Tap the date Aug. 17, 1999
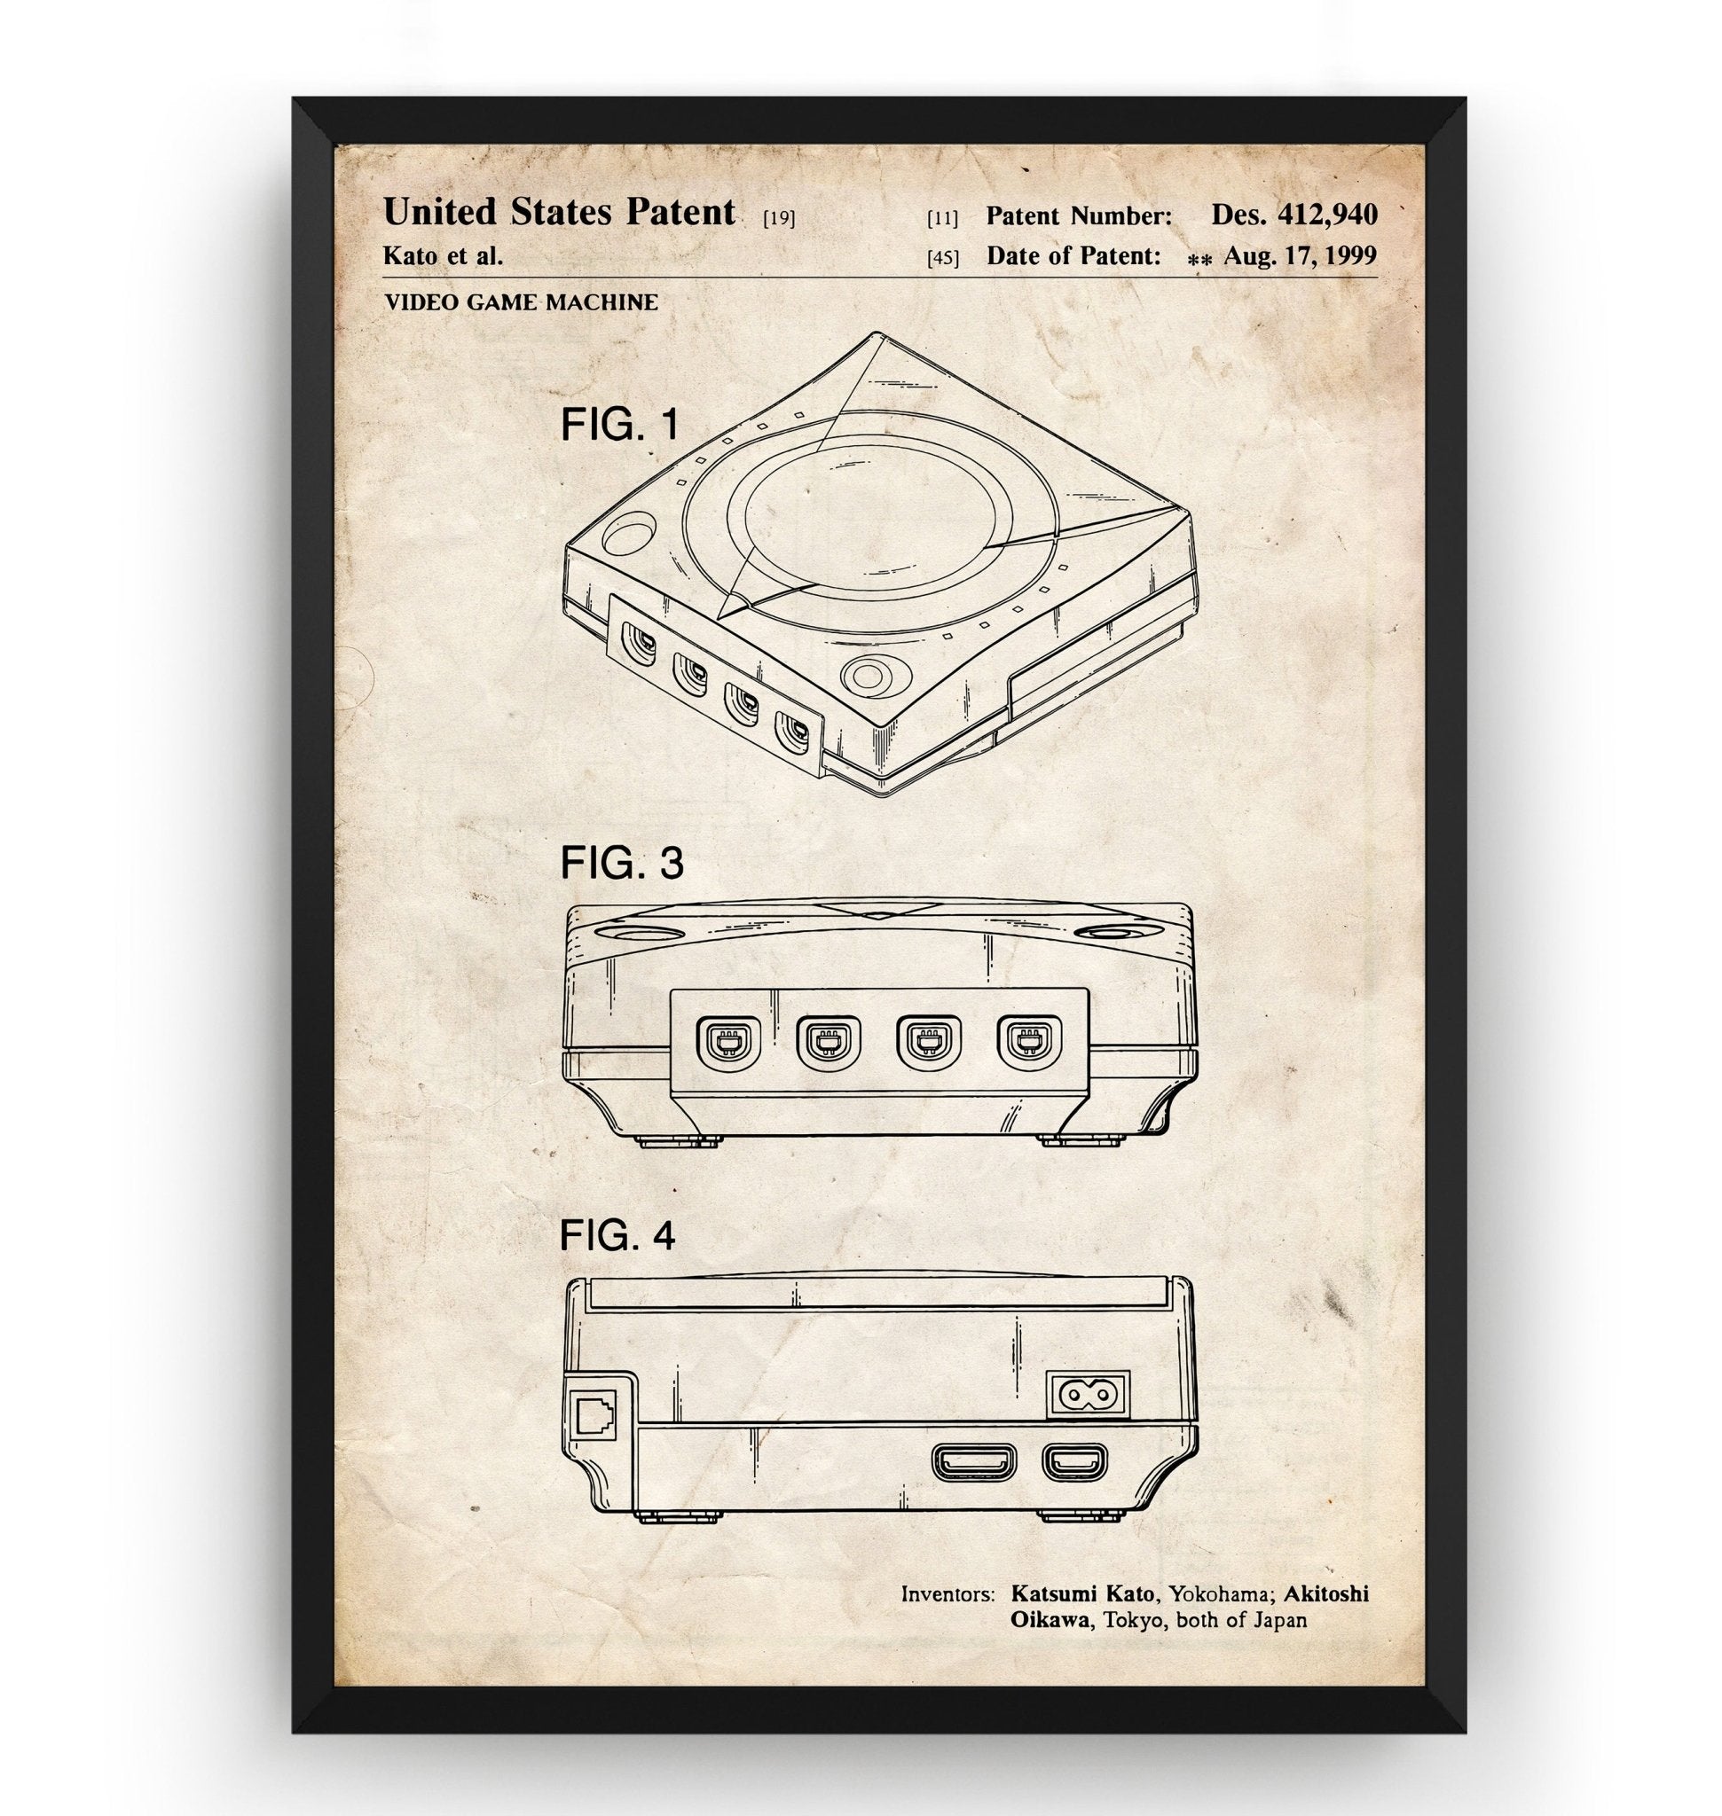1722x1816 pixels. (1299, 256)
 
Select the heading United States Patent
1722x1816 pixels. (558, 212)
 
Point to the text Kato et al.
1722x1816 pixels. (443, 256)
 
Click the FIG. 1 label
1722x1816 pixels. (619, 425)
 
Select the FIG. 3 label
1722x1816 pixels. (621, 864)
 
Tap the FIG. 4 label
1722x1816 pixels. (617, 1236)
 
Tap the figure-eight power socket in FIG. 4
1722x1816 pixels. (1087, 1397)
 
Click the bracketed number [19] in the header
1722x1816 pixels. (778, 218)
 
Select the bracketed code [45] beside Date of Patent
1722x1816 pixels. (942, 258)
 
